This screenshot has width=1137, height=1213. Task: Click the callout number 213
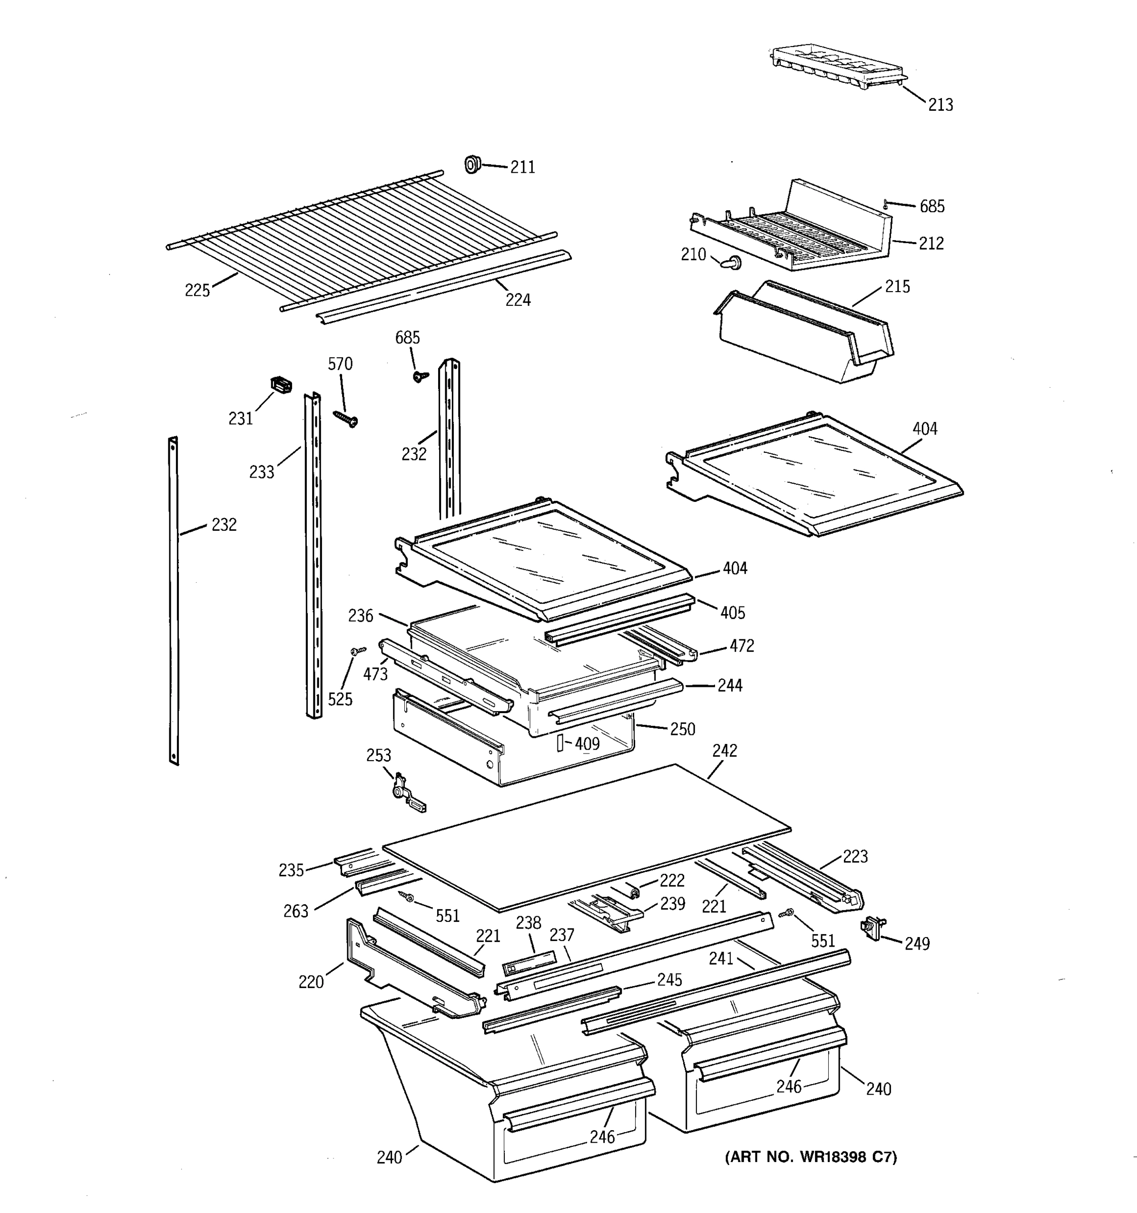click(940, 105)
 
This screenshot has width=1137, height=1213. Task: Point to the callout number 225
click(197, 291)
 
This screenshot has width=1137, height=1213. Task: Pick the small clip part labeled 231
click(280, 385)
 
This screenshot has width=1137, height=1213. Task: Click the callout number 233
click(261, 472)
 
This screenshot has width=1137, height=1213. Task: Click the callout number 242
click(724, 751)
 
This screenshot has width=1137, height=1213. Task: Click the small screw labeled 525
click(358, 651)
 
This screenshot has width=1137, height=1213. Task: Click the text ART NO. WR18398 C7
click(811, 1157)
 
